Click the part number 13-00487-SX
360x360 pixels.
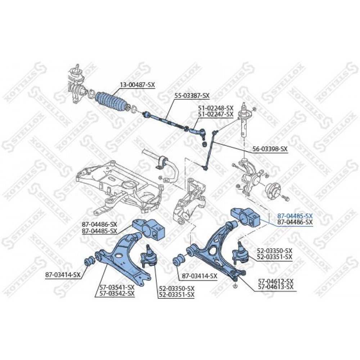pyautogui.click(x=137, y=85)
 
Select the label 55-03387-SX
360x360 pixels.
pyautogui.click(x=192, y=95)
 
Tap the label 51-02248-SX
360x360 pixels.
pyautogui.click(x=216, y=108)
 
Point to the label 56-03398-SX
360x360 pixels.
pyautogui.click(x=270, y=149)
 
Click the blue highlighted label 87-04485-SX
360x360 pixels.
pyautogui.click(x=295, y=216)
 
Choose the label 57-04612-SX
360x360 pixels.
pyautogui.click(x=276, y=281)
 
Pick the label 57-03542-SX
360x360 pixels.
pyautogui.click(x=117, y=293)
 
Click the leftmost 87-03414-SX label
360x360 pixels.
pyautogui.click(x=63, y=275)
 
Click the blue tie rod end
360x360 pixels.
pyautogui.click(x=198, y=132)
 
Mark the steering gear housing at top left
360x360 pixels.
pyautogui.click(x=76, y=85)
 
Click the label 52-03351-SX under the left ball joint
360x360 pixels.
pyautogui.click(x=176, y=294)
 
